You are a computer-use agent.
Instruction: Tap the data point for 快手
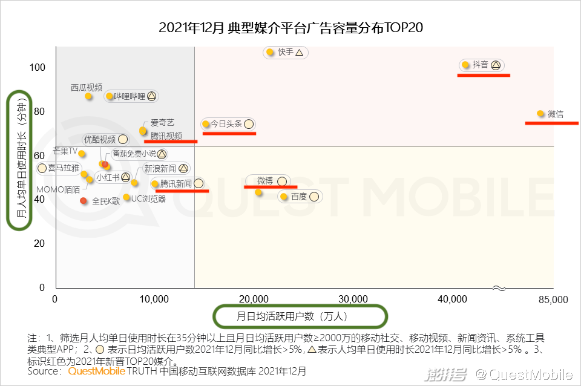tap(270, 53)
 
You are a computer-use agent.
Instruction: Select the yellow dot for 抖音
tap(465, 65)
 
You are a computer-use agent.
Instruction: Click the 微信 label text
tap(555, 114)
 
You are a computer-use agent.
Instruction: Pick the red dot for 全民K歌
tap(84, 201)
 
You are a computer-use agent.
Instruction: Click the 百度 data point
tap(283, 197)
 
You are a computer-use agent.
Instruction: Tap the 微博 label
tap(265, 181)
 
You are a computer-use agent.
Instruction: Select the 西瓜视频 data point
tap(88, 96)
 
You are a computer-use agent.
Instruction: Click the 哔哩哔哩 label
tap(130, 96)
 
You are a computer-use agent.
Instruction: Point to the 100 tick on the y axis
tap(38, 67)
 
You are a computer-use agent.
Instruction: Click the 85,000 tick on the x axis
tap(553, 299)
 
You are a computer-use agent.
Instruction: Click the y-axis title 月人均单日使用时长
tap(22, 160)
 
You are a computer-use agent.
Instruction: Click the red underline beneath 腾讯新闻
tap(182, 191)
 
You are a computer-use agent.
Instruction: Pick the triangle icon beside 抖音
tap(495, 65)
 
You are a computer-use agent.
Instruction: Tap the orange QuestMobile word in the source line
tap(96, 371)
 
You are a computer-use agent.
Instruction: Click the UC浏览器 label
tap(148, 198)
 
